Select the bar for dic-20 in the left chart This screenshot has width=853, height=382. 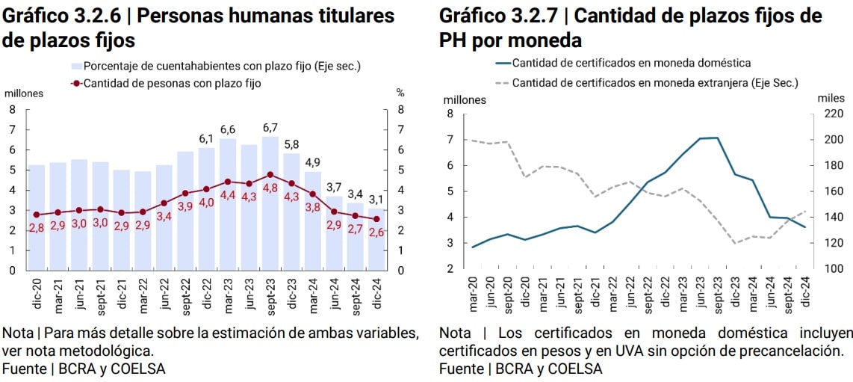point(36,217)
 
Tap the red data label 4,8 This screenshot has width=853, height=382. point(270,188)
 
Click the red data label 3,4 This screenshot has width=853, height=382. point(164,216)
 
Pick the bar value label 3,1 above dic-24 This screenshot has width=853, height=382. point(376,199)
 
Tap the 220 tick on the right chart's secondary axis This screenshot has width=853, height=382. point(834,114)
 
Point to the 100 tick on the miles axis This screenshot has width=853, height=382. point(834,269)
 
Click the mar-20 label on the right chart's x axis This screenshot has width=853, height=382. point(473,294)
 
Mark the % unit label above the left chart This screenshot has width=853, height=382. point(400,93)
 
